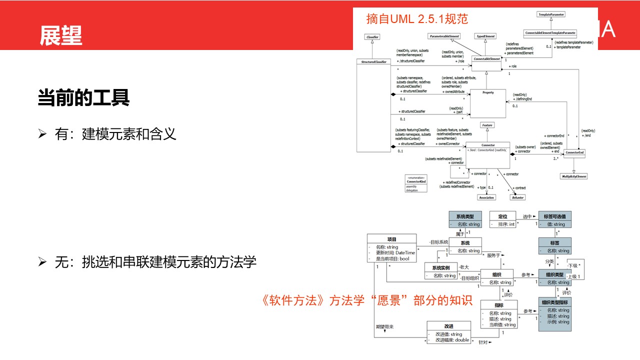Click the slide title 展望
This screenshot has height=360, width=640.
coord(61,35)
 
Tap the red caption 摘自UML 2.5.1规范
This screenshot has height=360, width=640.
coord(417,19)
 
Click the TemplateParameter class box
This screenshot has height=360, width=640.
coord(550,14)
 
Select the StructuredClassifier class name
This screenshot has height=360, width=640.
coord(373,62)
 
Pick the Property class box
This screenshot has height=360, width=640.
coord(487,92)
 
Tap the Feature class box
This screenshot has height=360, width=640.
coord(487,125)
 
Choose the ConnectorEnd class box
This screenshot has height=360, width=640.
coord(574,152)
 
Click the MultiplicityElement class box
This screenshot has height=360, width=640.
coord(573,176)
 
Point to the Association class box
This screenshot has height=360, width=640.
coord(486,197)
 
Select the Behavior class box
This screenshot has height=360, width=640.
coord(517,197)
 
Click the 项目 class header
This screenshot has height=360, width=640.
coord(391,239)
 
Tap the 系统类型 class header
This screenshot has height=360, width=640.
coord(465,216)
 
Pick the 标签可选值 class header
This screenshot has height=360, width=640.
coord(554,216)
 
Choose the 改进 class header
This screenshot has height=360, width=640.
coord(448,326)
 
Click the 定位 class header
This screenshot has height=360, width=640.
coord(502,216)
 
